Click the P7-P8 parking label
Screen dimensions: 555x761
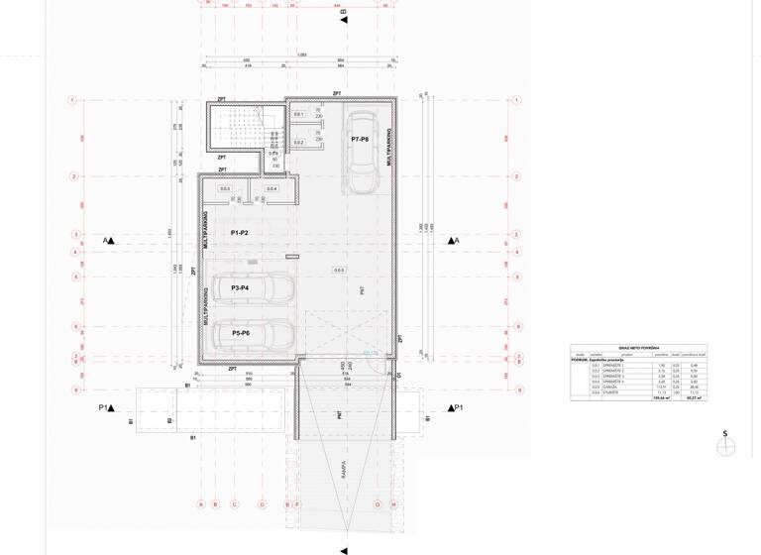click(360, 140)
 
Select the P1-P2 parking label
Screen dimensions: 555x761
click(239, 232)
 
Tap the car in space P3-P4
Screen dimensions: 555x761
click(250, 287)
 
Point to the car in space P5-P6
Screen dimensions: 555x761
click(250, 334)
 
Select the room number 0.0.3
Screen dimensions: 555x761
click(224, 188)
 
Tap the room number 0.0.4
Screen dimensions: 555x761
click(272, 188)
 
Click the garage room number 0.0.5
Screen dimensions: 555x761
click(339, 270)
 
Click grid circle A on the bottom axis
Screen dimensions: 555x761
click(201, 503)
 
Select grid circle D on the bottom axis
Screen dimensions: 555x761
click(262, 503)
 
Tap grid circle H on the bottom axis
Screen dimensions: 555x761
click(393, 503)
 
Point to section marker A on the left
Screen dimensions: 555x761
click(108, 240)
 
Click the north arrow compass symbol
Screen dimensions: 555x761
click(726, 446)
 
